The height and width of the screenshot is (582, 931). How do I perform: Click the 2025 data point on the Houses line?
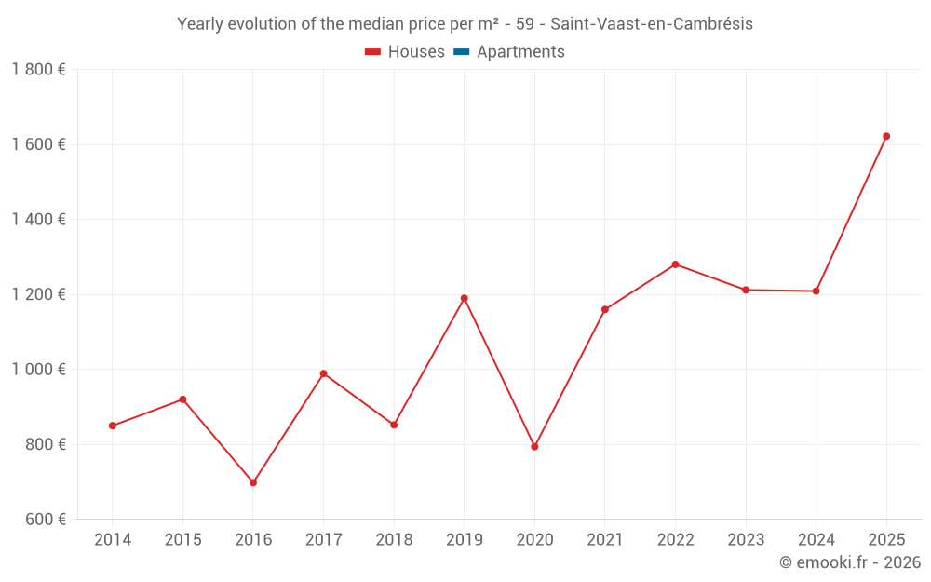(x=886, y=136)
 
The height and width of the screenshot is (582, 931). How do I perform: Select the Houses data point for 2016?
(x=253, y=482)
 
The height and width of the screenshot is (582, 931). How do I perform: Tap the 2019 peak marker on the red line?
(x=465, y=298)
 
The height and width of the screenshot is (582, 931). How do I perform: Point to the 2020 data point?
(x=534, y=446)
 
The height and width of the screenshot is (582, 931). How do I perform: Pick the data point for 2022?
(x=675, y=264)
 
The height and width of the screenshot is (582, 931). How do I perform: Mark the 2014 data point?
(x=113, y=426)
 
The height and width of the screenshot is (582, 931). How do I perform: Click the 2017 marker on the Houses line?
(x=323, y=373)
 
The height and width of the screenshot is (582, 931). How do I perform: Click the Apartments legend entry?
(x=520, y=52)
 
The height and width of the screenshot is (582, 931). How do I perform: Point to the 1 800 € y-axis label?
(x=38, y=70)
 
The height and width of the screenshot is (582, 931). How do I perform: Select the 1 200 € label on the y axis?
(x=38, y=294)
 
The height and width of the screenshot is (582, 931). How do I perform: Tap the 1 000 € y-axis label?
(x=38, y=370)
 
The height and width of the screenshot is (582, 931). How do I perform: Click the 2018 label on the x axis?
(x=394, y=540)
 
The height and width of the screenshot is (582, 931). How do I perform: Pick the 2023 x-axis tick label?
(x=746, y=540)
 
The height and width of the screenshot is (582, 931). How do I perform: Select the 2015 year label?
(x=182, y=540)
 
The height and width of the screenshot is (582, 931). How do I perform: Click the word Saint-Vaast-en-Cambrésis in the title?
(x=652, y=24)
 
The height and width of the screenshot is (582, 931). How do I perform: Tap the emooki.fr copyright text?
(x=850, y=562)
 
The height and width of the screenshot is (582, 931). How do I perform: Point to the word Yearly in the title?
(x=201, y=24)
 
